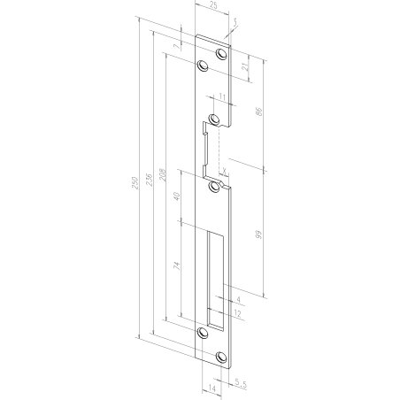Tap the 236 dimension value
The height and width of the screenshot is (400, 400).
(150, 180)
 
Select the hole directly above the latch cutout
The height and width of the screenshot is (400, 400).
(214, 118)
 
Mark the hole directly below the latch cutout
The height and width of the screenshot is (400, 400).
(214, 187)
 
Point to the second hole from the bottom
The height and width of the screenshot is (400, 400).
(202, 333)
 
